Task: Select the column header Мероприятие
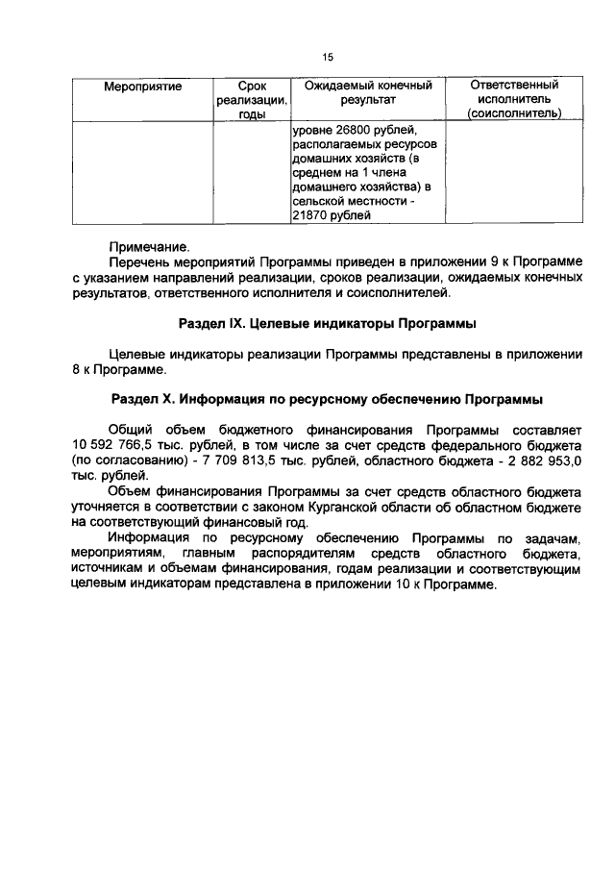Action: pos(142,87)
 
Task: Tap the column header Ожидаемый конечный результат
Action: pos(368,92)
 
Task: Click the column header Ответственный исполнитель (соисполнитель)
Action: pos(514,99)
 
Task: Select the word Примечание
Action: pos(149,246)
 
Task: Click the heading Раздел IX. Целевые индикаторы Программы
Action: pos(328,323)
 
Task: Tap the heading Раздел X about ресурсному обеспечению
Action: pos(328,397)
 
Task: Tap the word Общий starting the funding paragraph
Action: pos(130,430)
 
